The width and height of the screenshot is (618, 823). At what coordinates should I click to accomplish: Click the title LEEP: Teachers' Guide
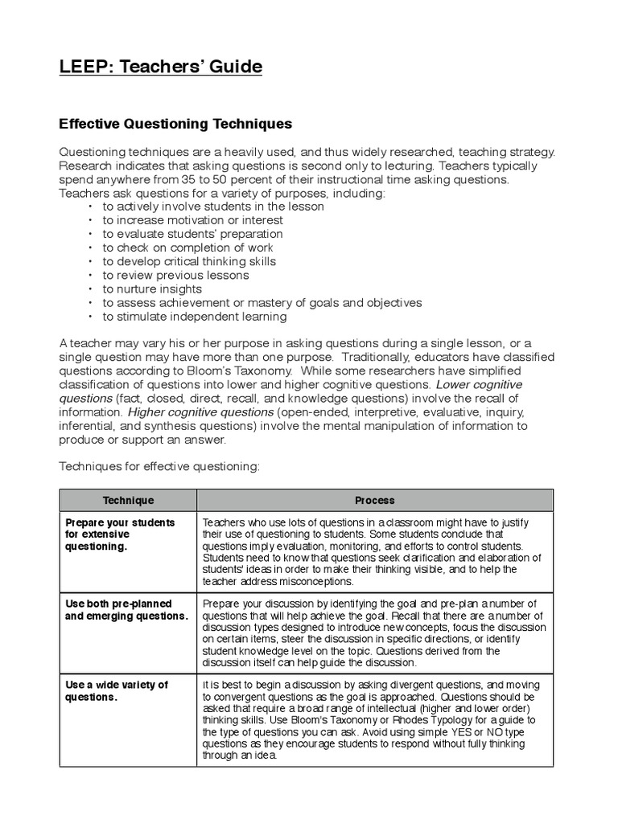tap(161, 68)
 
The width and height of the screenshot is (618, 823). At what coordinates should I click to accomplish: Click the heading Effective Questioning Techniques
tap(175, 125)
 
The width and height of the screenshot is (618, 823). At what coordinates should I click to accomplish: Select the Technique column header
tap(128, 500)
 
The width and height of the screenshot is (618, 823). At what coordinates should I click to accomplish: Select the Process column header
tap(374, 500)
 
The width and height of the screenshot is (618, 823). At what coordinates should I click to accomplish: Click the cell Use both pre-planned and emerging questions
tap(126, 610)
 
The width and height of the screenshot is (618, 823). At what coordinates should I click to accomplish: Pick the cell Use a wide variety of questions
tap(117, 691)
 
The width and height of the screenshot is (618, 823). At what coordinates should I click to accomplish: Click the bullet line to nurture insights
tap(152, 289)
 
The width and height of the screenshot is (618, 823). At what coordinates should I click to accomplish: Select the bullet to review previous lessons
tap(175, 276)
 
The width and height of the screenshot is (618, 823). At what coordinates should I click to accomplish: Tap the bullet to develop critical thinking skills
tap(188, 261)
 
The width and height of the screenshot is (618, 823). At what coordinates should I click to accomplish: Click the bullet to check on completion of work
tap(187, 248)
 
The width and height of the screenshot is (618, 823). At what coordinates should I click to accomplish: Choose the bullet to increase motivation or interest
tap(192, 220)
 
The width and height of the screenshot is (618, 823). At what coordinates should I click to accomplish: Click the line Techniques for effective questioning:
tap(159, 467)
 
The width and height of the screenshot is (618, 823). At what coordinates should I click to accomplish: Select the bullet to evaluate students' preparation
tap(192, 234)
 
